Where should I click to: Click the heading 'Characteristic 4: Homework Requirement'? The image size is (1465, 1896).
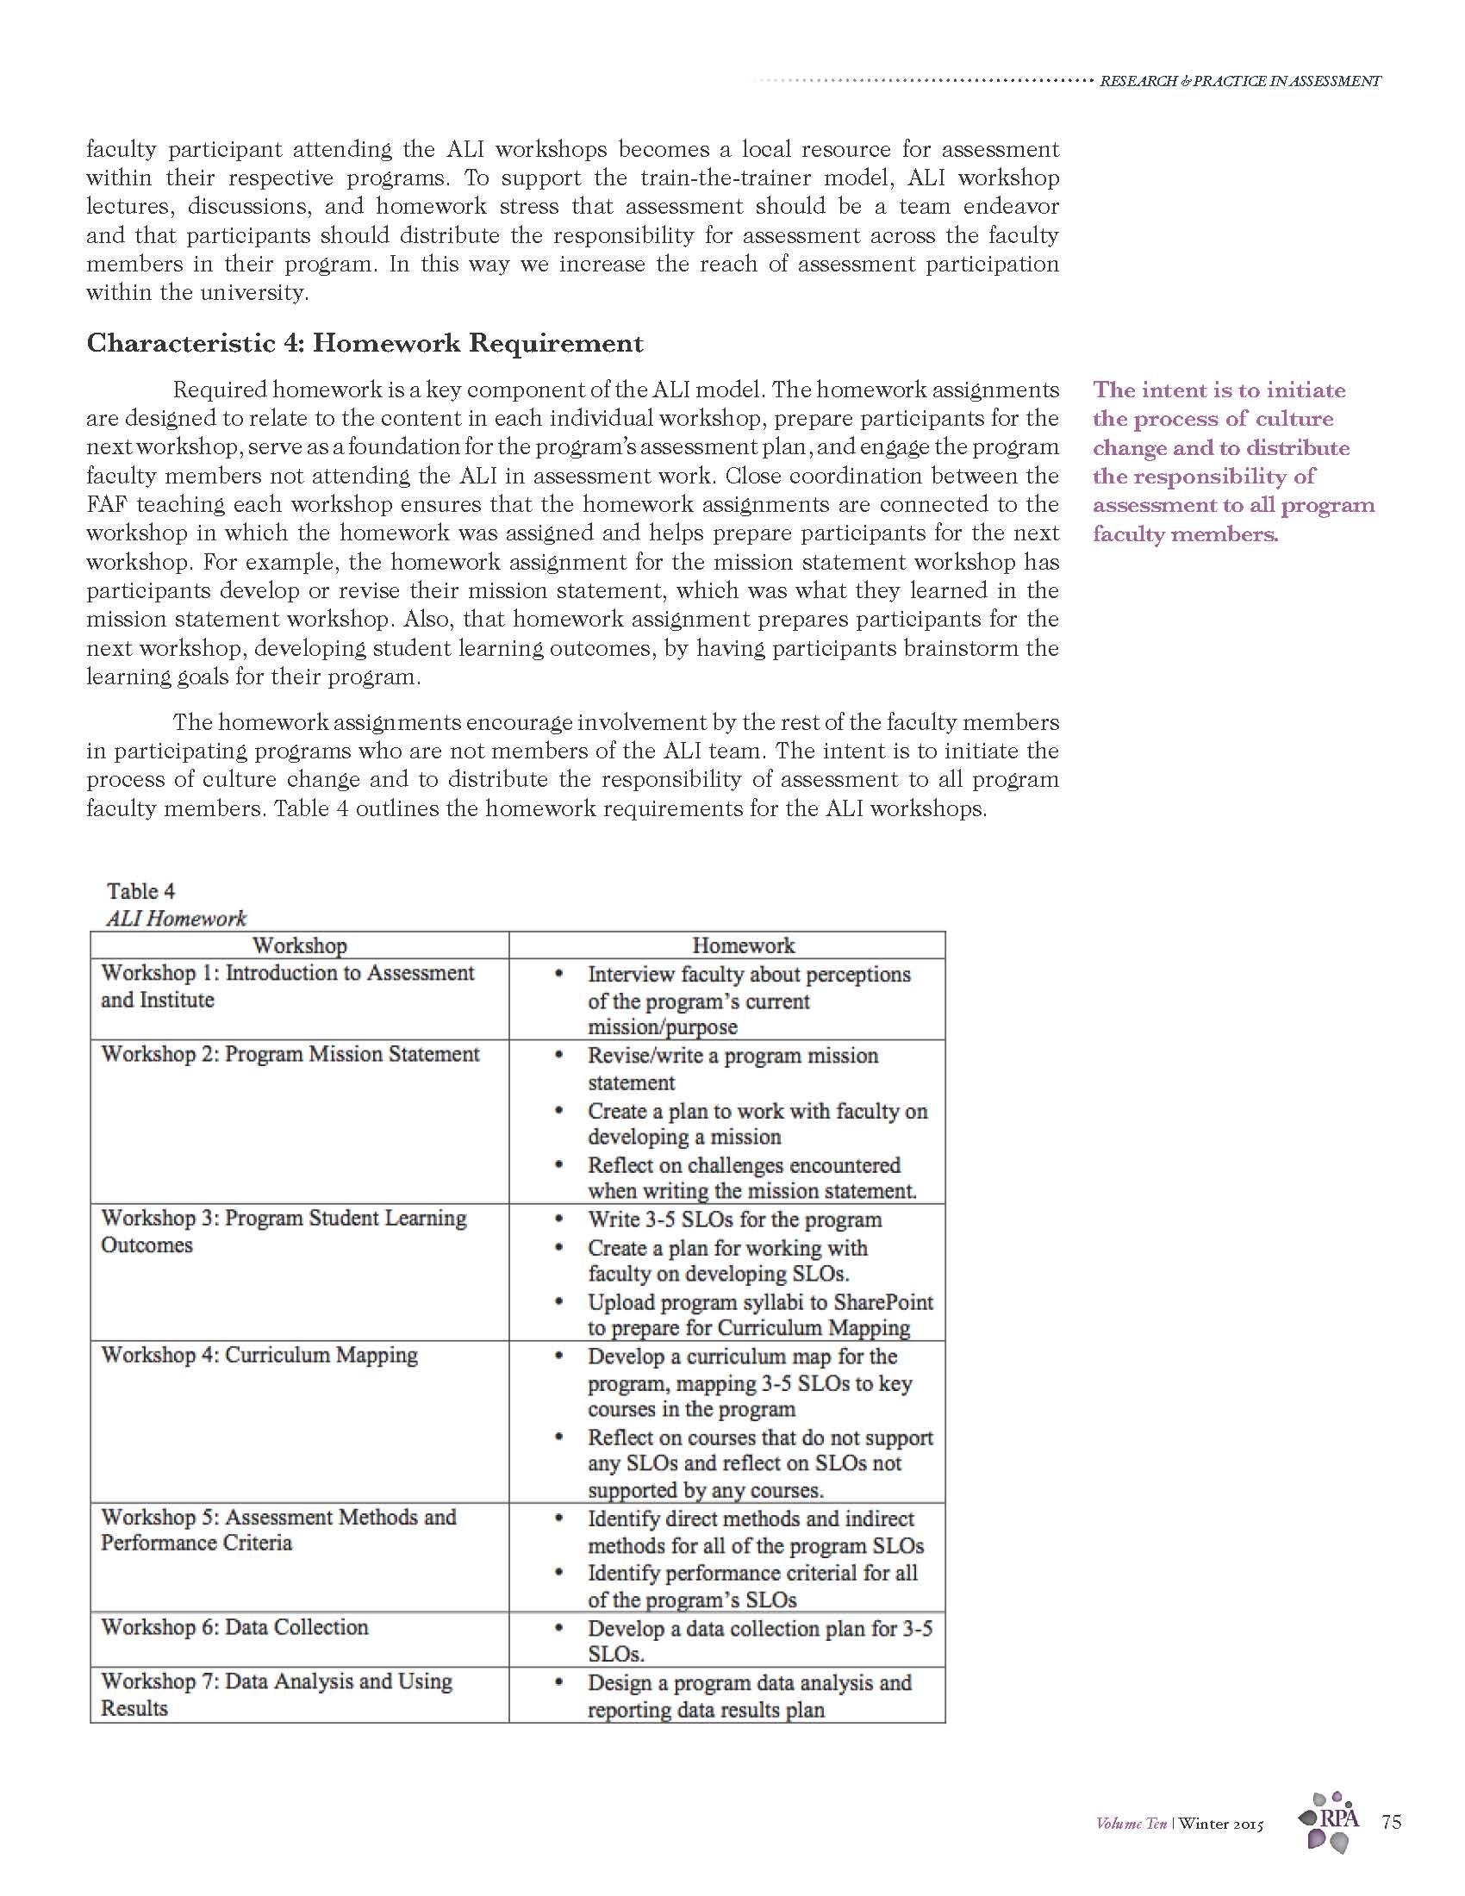click(x=365, y=344)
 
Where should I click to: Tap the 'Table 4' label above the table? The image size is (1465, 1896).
click(x=140, y=891)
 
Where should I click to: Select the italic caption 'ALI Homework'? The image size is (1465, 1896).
click(x=176, y=918)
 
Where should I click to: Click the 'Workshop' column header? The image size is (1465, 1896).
click(x=299, y=945)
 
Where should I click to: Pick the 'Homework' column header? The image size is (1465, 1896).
click(x=743, y=945)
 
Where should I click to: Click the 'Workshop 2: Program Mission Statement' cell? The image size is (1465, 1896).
click(x=290, y=1054)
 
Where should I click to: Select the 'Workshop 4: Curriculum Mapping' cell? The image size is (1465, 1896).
click(x=259, y=1354)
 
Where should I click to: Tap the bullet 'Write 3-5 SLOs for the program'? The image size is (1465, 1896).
click(x=734, y=1219)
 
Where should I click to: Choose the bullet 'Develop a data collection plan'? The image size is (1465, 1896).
click(x=759, y=1629)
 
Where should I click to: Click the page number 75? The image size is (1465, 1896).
click(x=1391, y=1821)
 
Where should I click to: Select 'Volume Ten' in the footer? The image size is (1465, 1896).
click(x=1131, y=1824)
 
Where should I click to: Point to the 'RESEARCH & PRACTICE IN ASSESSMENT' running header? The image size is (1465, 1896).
click(x=1239, y=81)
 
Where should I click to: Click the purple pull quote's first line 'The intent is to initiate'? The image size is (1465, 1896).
click(x=1219, y=390)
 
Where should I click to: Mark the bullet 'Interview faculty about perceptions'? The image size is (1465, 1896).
click(x=748, y=974)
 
